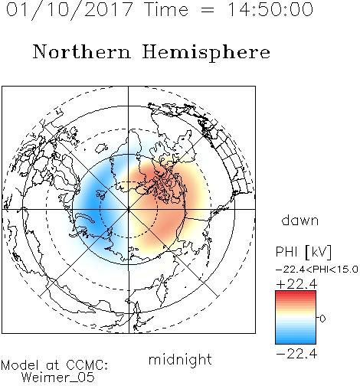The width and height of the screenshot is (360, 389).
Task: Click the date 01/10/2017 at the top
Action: [x=70, y=10]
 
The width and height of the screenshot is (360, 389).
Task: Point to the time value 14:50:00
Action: [x=270, y=9]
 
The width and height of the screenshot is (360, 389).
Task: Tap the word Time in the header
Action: [x=166, y=9]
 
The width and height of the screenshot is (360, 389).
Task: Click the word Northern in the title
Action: [x=82, y=51]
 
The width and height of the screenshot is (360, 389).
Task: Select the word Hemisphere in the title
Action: [x=206, y=53]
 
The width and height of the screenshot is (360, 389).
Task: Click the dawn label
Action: [x=300, y=220]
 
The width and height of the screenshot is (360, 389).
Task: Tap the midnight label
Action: [x=180, y=360]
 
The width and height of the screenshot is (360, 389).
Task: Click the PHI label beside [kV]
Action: [x=286, y=252]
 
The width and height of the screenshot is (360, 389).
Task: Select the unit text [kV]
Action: [x=318, y=252]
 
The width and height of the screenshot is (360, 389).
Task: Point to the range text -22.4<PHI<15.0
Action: [x=317, y=270]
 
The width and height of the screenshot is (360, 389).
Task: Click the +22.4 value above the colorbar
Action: [x=296, y=284]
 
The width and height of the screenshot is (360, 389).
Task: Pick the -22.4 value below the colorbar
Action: [x=296, y=354]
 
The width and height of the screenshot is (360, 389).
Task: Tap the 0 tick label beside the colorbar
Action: [x=322, y=319]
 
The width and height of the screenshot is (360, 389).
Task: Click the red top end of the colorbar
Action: [x=296, y=293]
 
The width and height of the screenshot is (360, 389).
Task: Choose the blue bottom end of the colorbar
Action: [x=296, y=342]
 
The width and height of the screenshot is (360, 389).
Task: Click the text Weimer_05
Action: [x=58, y=378]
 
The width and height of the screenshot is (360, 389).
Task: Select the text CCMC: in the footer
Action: [x=87, y=365]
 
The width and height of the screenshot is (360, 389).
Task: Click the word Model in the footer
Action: [x=20, y=365]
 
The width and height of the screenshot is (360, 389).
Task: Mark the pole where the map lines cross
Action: [x=129, y=209]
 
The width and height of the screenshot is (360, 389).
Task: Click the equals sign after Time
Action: [x=208, y=11]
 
